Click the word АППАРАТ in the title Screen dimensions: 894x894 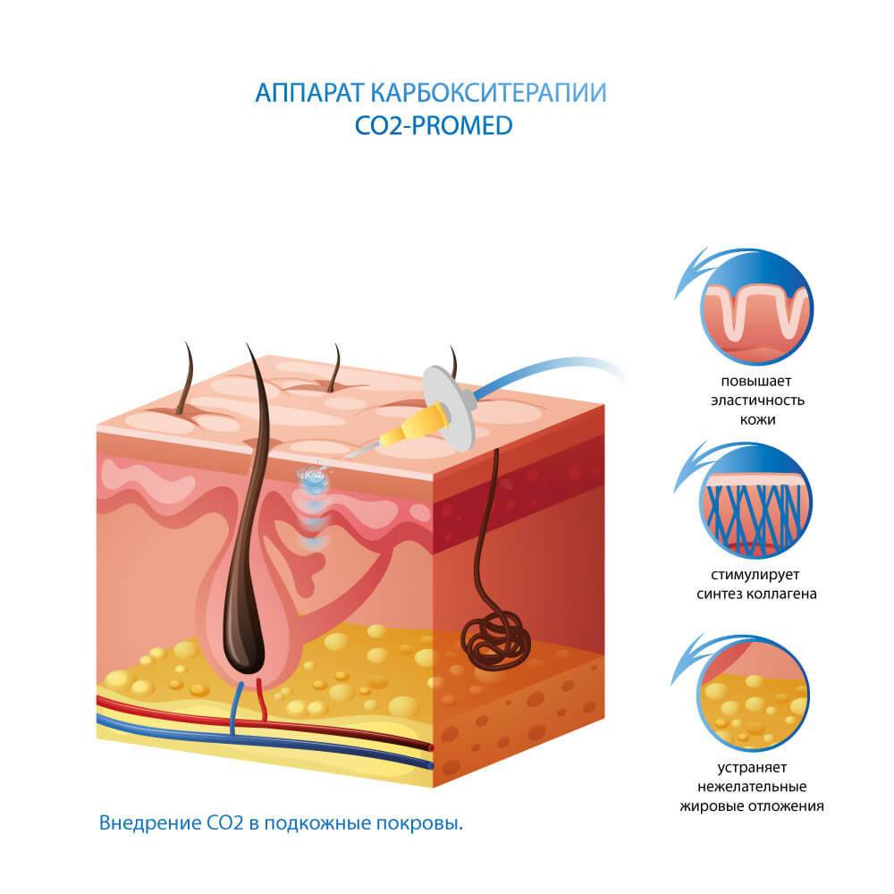pos(309,93)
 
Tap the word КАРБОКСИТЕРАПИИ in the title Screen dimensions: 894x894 pos(489,93)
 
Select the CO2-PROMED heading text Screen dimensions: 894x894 pos(434,126)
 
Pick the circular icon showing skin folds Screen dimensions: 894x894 pos(757,308)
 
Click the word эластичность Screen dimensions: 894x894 pos(757,401)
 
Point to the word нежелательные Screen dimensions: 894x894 pos(752,787)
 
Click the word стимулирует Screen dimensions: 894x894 pos(755,575)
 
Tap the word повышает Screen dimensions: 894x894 pos(756,381)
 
